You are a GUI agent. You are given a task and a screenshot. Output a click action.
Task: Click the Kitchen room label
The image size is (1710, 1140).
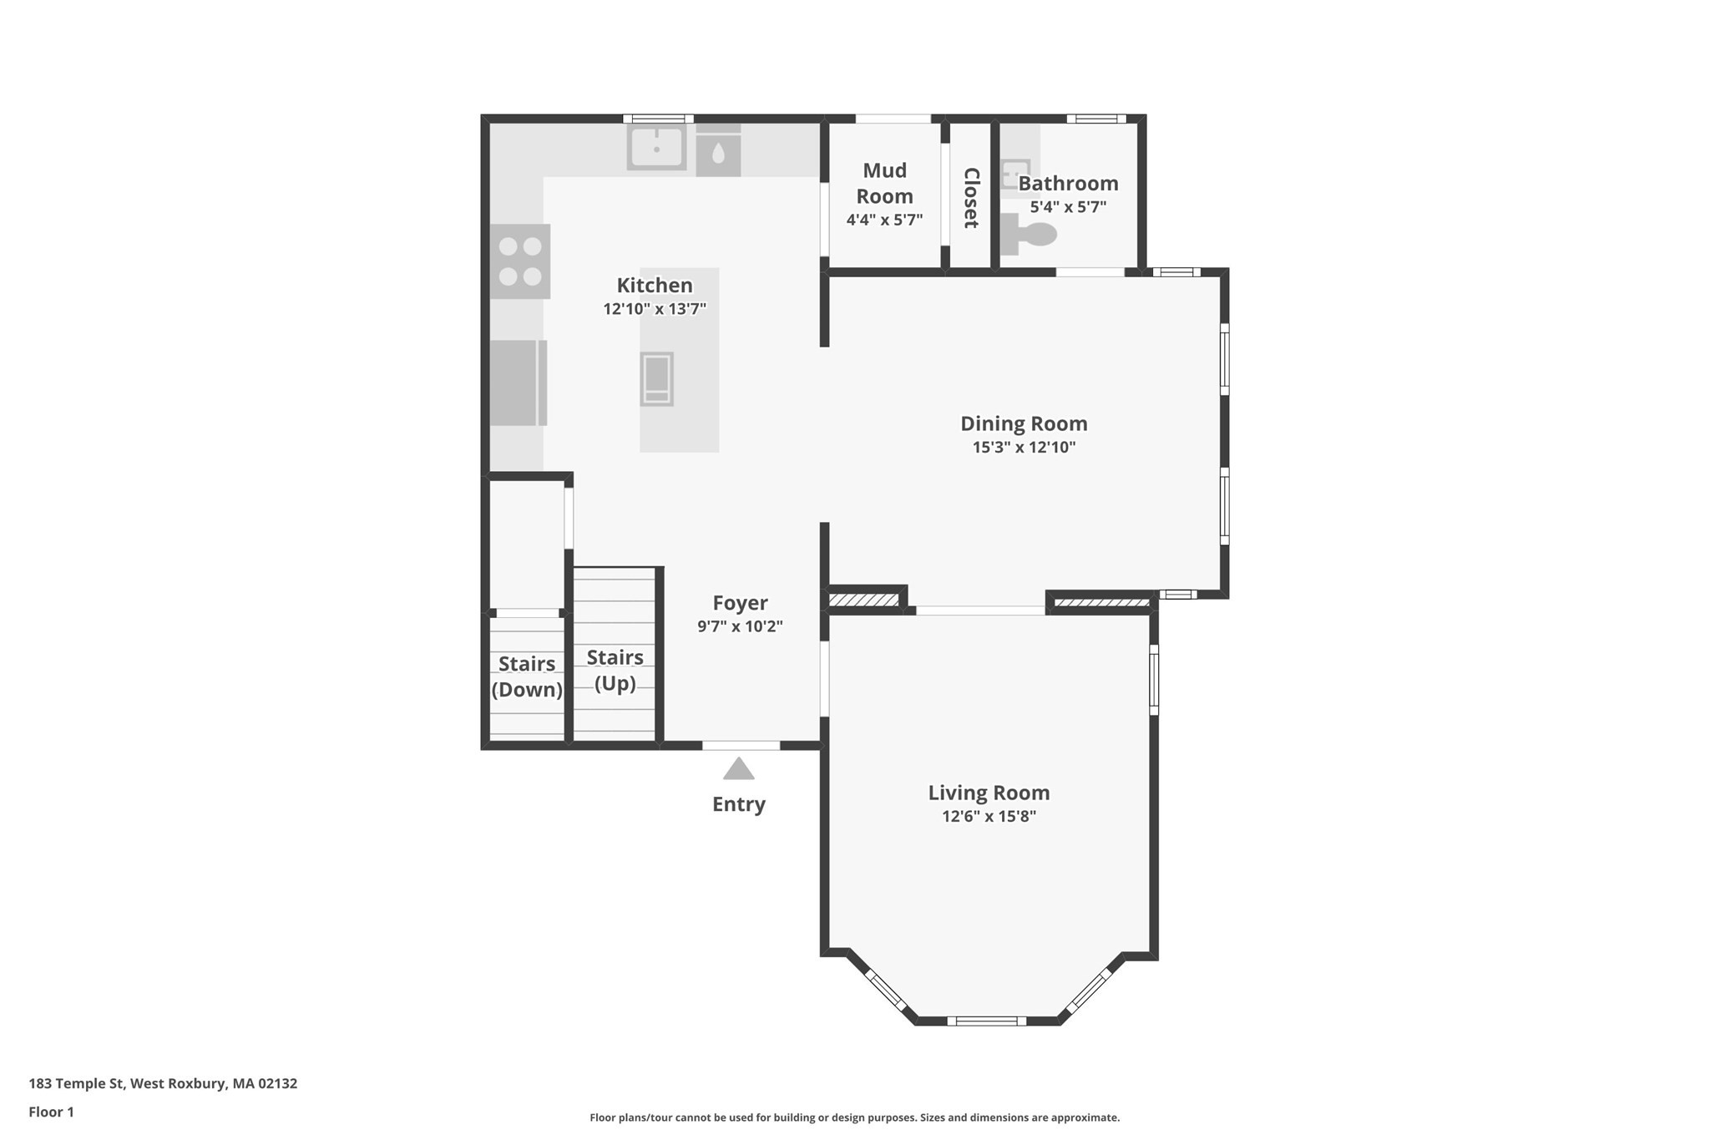pos(655,286)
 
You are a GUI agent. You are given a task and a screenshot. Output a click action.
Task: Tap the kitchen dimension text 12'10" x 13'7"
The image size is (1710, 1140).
pos(655,309)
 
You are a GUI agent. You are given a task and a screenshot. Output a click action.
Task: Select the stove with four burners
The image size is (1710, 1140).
pos(520,261)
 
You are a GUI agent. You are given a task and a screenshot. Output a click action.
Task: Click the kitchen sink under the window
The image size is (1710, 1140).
pos(656,148)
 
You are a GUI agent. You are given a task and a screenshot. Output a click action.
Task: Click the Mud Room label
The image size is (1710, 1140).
pos(884,184)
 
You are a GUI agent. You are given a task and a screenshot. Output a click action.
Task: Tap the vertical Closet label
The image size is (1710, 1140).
pos(970,198)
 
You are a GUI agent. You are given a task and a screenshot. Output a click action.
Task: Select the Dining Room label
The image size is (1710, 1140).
pos(1024,424)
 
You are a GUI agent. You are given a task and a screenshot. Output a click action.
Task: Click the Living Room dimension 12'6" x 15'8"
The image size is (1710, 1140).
pos(989,817)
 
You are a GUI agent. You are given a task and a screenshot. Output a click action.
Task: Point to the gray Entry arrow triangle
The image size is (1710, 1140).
pos(739,770)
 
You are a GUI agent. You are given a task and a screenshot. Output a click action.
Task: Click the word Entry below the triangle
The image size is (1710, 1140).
pos(739,804)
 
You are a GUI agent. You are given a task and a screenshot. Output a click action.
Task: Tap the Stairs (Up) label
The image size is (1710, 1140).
pos(615,670)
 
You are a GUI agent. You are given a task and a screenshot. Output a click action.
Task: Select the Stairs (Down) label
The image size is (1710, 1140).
pos(527,676)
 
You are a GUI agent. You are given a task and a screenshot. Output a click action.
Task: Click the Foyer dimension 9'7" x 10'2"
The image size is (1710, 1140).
pos(740,626)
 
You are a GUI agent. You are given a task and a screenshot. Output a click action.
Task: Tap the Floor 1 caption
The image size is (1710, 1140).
pos(51,1112)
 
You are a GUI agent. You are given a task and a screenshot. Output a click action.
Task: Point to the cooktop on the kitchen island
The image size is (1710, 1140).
pos(656,378)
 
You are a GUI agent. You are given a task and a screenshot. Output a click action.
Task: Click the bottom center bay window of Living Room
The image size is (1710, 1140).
pos(986,1020)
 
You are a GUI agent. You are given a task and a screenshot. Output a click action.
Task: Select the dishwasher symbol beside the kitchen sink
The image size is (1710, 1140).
pos(718,151)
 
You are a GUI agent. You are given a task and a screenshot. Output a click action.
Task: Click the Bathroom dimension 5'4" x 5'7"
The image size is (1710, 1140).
pos(1068,207)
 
